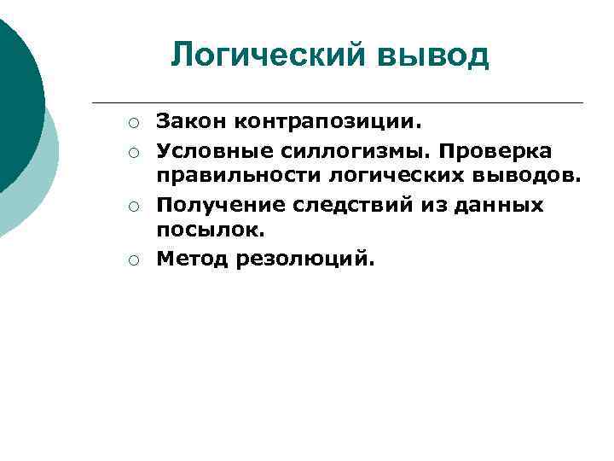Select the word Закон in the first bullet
click(x=182, y=124)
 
